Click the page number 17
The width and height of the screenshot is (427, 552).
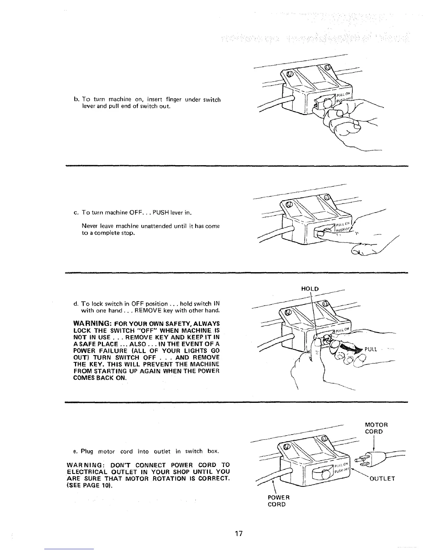pyautogui.click(x=239, y=534)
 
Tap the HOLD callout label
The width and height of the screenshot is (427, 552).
pyautogui.click(x=309, y=289)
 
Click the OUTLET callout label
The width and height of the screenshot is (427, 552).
pyautogui.click(x=382, y=478)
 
